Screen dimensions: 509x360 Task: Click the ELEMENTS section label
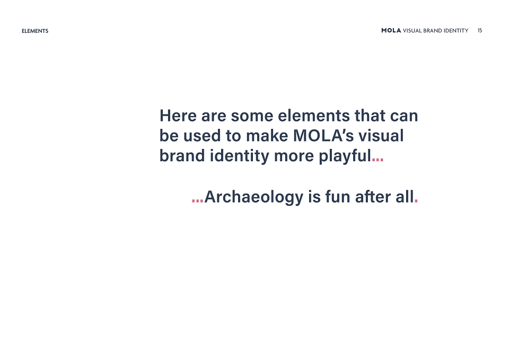point(35,31)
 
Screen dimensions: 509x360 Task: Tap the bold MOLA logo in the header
point(391,31)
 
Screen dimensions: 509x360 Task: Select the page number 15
point(480,31)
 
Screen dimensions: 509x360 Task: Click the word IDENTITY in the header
point(456,31)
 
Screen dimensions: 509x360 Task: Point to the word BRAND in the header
point(433,31)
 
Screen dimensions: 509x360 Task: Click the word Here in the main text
point(178,116)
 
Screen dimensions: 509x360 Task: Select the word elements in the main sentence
point(313,116)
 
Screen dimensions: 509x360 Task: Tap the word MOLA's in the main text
point(323,136)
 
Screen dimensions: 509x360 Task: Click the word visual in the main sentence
point(381,136)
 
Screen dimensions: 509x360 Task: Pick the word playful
point(345,156)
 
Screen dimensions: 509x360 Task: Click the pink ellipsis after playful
point(378,159)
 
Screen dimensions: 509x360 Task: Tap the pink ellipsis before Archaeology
point(197,200)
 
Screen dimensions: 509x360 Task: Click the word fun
point(338,197)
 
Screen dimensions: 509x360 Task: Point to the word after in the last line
point(373,197)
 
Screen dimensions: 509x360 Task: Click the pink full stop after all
point(416,200)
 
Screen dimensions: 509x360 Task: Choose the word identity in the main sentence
point(240,156)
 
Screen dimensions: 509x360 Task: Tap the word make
point(267,136)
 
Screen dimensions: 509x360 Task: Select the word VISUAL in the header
point(413,31)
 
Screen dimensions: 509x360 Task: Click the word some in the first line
point(252,116)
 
